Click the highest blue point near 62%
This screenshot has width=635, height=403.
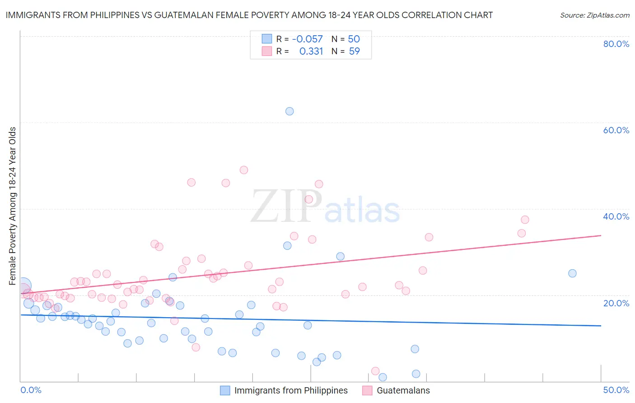click(x=289, y=111)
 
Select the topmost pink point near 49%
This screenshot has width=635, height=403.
click(x=244, y=170)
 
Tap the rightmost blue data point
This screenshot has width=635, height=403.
click(x=572, y=273)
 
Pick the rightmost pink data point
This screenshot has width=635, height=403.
click(x=525, y=220)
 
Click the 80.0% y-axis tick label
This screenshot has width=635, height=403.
click(x=616, y=44)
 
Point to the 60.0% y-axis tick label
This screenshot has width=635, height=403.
click(x=616, y=130)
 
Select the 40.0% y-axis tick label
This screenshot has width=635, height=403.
click(x=616, y=216)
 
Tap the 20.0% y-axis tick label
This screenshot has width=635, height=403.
click(x=616, y=303)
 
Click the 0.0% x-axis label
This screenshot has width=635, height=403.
click(x=31, y=390)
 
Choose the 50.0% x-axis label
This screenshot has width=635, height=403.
click(x=616, y=390)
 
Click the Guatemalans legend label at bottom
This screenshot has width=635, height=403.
click(x=403, y=390)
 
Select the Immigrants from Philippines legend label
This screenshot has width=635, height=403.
click(x=291, y=390)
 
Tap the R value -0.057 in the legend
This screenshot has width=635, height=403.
click(x=308, y=39)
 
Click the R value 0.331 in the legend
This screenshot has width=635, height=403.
click(x=311, y=52)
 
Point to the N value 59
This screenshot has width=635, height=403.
click(x=355, y=52)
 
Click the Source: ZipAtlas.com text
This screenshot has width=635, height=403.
click(x=594, y=15)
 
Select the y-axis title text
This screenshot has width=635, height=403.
click(x=13, y=206)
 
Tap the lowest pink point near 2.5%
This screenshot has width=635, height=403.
click(x=374, y=371)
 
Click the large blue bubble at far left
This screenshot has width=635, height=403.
click(x=23, y=286)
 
